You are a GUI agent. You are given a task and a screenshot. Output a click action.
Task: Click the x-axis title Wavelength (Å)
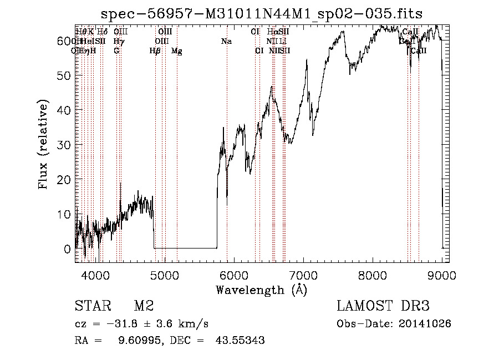[x=261, y=290]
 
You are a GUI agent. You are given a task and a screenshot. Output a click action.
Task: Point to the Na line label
[x=226, y=41]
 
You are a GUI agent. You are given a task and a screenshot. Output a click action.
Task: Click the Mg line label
[x=177, y=51]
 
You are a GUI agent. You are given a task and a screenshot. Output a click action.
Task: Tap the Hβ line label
[x=155, y=51]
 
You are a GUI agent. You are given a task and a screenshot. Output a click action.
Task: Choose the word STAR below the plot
[x=91, y=306]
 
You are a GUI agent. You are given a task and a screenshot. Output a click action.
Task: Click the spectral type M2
[x=144, y=306]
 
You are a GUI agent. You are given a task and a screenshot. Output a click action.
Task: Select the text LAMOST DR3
[x=383, y=306]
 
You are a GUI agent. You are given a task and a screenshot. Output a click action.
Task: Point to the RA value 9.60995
[x=138, y=341]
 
